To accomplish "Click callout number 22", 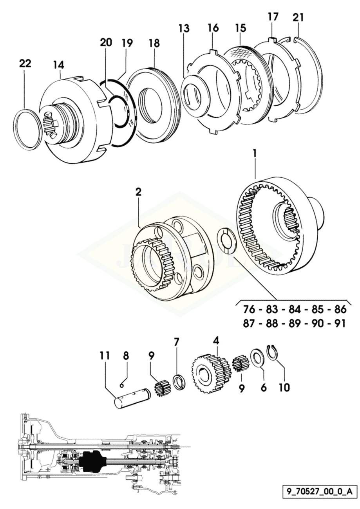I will click(25, 64).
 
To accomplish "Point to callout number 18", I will click(154, 43).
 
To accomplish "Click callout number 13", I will click(184, 29).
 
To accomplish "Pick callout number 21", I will click(298, 18).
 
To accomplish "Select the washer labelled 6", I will click(257, 357).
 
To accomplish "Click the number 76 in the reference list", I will click(249, 310).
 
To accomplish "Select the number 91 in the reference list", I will click(336, 324).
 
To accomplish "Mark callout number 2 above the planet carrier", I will click(139, 191).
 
